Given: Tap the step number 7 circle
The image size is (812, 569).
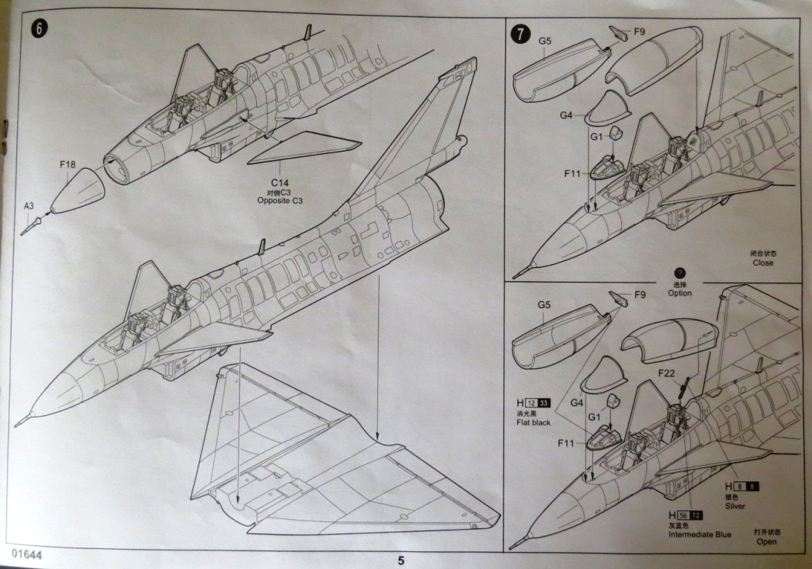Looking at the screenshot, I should click(522, 33).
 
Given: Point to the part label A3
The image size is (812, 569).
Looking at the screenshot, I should click(28, 206).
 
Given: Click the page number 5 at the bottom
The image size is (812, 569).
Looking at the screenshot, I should click(401, 560).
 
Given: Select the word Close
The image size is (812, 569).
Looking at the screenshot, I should click(764, 263).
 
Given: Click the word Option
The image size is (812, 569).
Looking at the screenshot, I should click(680, 293).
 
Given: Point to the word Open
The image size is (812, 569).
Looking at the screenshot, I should click(766, 542).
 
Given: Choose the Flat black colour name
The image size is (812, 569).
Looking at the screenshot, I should click(533, 423).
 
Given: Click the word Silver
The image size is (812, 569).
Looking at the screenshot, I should click(735, 506).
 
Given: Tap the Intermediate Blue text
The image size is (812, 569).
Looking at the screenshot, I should click(700, 534).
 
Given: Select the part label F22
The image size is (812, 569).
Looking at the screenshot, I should click(667, 373).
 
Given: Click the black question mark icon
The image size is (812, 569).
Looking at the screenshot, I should click(680, 273).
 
